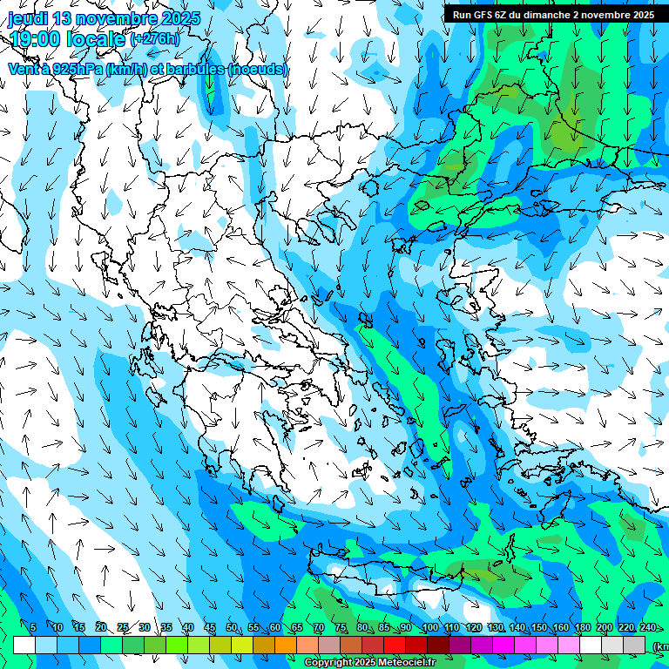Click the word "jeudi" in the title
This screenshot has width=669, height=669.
[28, 18]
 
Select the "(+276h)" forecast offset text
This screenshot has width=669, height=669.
[155, 38]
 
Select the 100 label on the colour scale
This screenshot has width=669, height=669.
[429, 628]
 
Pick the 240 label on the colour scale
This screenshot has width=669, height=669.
[647, 628]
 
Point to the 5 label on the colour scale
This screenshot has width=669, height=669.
[33, 628]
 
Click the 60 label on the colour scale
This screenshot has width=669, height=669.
[275, 628]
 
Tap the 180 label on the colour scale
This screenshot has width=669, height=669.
[582, 628]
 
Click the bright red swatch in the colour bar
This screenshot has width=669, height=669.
[395, 645]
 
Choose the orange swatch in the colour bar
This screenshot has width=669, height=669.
[286, 645]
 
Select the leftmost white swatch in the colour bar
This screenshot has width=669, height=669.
[24, 645]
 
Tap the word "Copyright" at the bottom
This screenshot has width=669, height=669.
[328, 663]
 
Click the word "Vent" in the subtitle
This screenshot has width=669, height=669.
[23, 69]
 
